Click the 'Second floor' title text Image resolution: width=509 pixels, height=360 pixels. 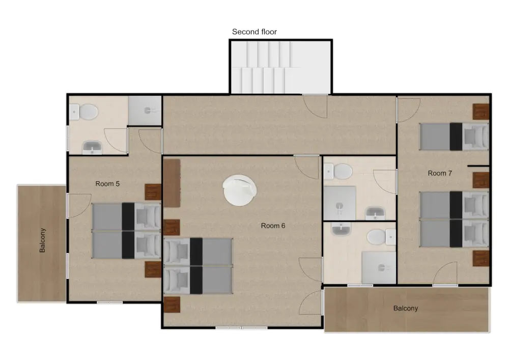pyautogui.click(x=254, y=32)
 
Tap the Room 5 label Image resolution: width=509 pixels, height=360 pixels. pyautogui.click(x=107, y=184)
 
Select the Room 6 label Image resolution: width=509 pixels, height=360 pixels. pyautogui.click(x=273, y=226)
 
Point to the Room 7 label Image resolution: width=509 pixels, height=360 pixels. pyautogui.click(x=440, y=173)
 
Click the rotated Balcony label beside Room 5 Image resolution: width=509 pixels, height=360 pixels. pyautogui.click(x=43, y=240)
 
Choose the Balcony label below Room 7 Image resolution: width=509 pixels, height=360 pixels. pyautogui.click(x=406, y=308)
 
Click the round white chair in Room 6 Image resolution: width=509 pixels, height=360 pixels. pyautogui.click(x=239, y=190)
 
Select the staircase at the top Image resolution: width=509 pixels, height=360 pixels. pyautogui.click(x=280, y=67)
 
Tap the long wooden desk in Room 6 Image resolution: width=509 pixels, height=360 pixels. pyautogui.click(x=172, y=183)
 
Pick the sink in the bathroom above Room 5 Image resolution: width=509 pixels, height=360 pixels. pyautogui.click(x=92, y=148)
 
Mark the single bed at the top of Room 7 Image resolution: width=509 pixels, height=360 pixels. pyautogui.click(x=454, y=137)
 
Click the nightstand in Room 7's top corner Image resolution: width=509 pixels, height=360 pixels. pyautogui.click(x=480, y=111)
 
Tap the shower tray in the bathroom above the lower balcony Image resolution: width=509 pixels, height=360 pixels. pyautogui.click(x=378, y=266)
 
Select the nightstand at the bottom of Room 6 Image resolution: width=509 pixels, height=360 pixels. pyautogui.click(x=172, y=305)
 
